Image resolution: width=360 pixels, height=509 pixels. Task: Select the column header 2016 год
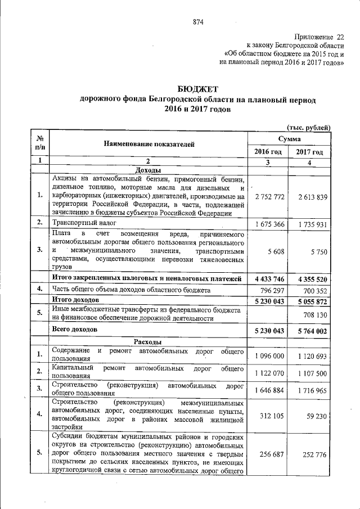[268, 152]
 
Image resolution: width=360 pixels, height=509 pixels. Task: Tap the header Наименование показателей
[148, 144]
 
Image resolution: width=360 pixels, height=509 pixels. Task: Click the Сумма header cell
[289, 138]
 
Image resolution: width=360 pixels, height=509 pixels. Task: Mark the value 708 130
[314, 315]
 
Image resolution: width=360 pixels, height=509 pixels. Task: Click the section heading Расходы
[148, 341]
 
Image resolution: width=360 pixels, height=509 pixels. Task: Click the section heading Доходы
[148, 170]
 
